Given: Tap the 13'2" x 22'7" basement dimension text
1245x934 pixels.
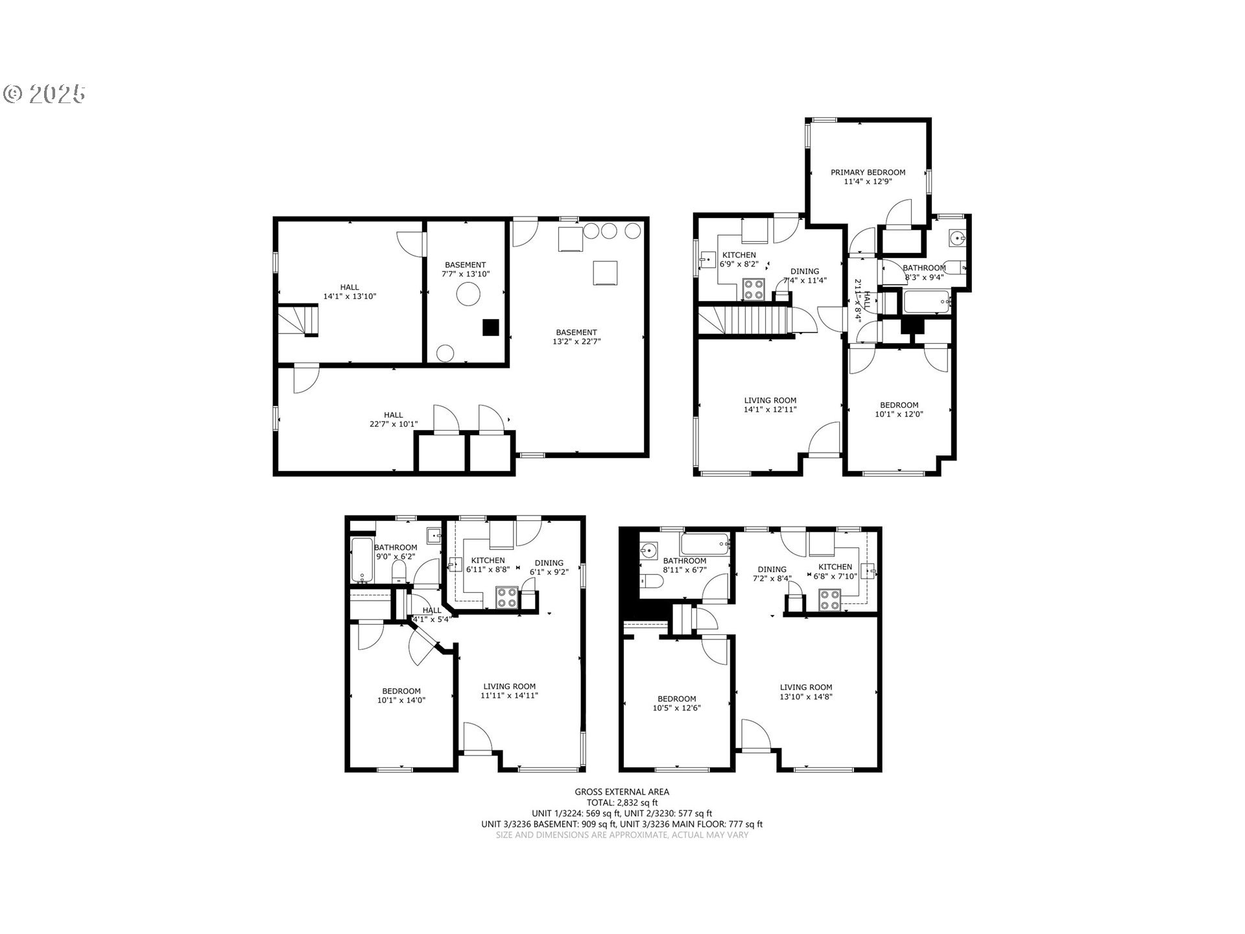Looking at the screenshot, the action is [576, 341].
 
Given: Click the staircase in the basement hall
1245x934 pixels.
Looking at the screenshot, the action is [299, 320].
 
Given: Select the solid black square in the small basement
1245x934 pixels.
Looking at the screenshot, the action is [491, 328].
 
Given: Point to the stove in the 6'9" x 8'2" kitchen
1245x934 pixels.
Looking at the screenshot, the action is [754, 289].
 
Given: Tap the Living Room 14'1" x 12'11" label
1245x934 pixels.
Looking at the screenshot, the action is [770, 405].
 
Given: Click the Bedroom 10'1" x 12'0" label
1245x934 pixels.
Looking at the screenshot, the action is [899, 410].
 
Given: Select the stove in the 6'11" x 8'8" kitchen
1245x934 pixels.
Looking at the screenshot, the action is [506, 597].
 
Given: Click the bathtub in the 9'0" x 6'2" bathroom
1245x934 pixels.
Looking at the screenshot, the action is [362, 560].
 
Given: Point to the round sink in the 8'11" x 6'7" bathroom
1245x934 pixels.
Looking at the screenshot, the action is [648, 551].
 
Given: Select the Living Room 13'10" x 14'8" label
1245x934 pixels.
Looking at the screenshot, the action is [806, 692].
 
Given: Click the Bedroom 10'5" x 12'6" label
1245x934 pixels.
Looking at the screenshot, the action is [677, 704].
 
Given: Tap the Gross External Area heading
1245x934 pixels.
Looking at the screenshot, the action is [622, 792].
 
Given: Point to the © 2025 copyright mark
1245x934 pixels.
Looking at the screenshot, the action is [44, 94].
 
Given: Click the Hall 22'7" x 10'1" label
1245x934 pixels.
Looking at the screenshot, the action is [394, 420].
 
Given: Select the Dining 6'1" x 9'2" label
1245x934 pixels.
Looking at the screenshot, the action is [549, 568].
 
